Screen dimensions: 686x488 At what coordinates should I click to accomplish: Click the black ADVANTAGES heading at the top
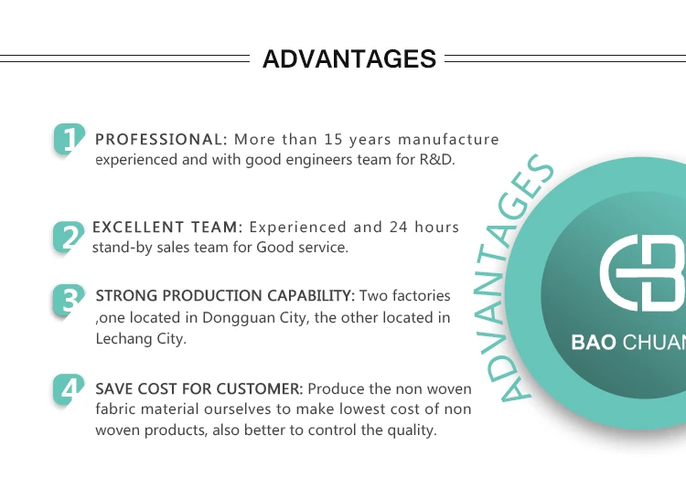tap(349, 58)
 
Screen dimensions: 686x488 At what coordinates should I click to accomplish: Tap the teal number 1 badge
tap(70, 139)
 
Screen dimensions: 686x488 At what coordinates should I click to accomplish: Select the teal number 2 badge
tap(69, 237)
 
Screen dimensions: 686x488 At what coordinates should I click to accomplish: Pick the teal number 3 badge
tap(69, 300)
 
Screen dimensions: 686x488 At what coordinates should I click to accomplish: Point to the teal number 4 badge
tap(69, 389)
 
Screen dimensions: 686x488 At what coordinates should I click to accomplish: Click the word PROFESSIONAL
tap(161, 140)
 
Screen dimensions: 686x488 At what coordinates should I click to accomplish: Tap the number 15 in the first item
tap(333, 140)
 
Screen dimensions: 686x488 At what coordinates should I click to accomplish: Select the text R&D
tap(437, 160)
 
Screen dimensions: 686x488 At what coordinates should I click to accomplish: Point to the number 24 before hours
tap(399, 228)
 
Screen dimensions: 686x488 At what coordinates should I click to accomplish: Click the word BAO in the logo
tap(594, 343)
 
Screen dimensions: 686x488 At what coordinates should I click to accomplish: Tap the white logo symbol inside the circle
tap(642, 273)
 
